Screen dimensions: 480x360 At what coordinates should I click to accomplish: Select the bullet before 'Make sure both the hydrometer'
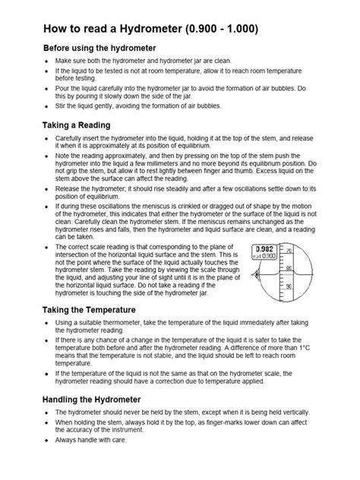49,61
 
